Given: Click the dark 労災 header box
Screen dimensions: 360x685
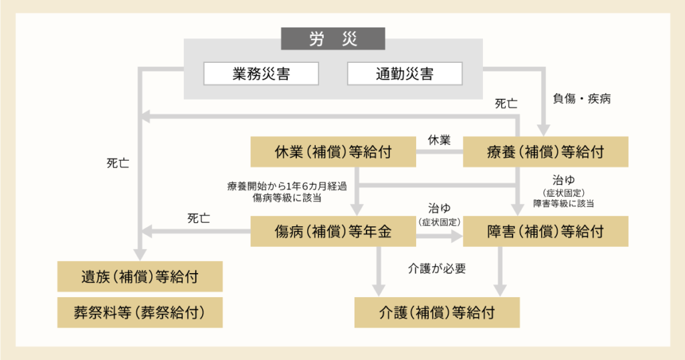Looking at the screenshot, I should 332,39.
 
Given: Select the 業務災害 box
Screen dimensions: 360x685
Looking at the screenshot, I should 261,74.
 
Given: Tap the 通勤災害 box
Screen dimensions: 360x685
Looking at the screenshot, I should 404,74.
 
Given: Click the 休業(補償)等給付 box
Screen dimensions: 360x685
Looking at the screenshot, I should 333,152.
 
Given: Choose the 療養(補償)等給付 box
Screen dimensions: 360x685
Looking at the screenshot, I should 545,152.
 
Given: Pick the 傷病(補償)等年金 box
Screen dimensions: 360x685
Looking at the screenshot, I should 333,232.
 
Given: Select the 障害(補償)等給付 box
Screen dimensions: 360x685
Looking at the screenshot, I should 545,232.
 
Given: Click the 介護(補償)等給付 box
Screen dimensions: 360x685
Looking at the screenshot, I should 436,312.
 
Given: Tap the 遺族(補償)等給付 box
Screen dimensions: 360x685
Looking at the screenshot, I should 140,276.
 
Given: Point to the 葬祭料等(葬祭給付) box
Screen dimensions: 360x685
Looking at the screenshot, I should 140,312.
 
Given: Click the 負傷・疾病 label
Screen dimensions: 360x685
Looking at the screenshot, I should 581,99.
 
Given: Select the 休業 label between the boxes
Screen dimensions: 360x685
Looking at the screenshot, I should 439,140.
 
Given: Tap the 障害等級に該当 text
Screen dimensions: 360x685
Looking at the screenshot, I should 563,203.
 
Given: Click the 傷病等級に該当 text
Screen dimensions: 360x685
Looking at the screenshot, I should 292,198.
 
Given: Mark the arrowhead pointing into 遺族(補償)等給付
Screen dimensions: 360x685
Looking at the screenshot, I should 140,254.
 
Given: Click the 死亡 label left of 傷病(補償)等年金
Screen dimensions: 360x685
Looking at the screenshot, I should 199,218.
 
